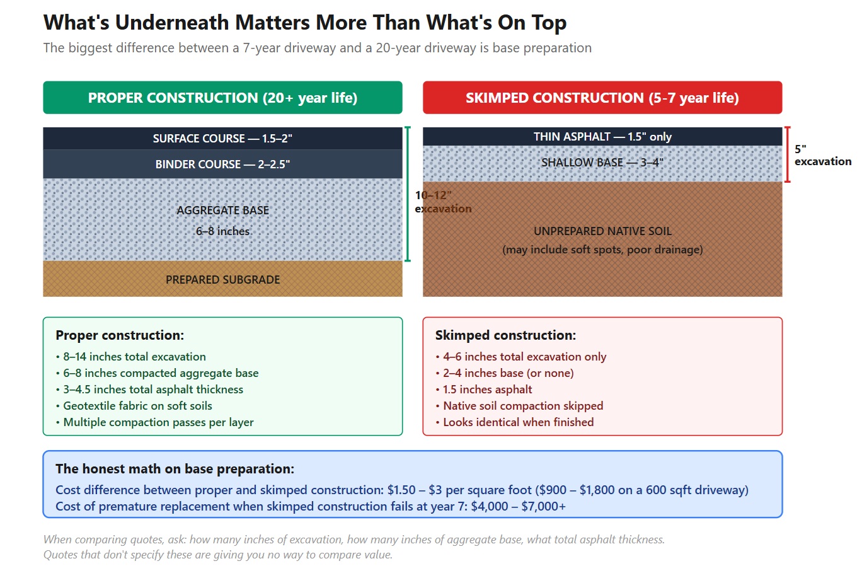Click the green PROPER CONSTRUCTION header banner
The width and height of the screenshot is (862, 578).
222,98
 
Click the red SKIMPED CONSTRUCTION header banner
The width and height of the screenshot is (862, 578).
602,98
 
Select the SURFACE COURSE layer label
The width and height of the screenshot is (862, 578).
222,139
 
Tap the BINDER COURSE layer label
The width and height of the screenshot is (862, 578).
222,165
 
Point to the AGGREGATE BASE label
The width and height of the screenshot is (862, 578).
222,211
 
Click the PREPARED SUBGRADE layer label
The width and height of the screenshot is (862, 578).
222,280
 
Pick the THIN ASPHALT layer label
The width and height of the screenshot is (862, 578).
602,137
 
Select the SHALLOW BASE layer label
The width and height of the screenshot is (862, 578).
602,163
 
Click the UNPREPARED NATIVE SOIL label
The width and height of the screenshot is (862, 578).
602,231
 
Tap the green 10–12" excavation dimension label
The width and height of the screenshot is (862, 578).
442,202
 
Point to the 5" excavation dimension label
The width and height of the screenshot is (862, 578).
822,156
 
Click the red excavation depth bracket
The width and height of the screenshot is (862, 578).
787,154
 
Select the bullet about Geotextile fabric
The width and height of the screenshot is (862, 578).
137,406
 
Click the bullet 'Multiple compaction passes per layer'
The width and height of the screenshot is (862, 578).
158,422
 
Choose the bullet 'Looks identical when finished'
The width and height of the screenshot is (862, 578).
518,422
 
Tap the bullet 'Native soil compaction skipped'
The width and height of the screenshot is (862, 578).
523,406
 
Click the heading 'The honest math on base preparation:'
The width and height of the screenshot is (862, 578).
175,469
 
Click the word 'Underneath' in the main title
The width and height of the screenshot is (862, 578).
172,23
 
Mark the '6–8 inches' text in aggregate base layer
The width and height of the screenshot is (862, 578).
222,231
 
